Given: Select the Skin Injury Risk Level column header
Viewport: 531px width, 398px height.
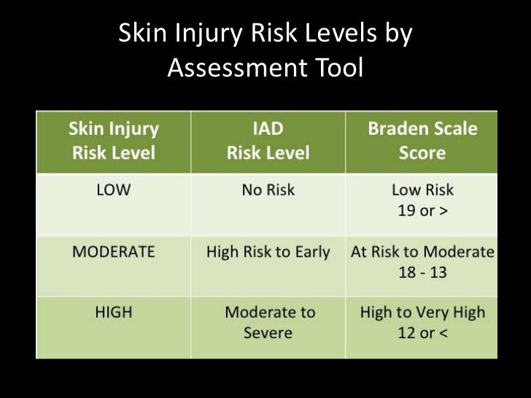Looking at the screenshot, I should [x=113, y=141].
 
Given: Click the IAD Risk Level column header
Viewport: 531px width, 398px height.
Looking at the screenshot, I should [x=268, y=141].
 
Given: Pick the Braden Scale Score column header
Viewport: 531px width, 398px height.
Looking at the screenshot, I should [x=422, y=141].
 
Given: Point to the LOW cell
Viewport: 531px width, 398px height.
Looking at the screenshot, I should [x=113, y=190].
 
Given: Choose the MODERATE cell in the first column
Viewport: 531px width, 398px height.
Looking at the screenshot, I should [x=113, y=252].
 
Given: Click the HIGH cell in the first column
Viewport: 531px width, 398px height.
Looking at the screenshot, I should [x=113, y=313].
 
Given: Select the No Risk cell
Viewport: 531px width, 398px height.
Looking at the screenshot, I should [x=268, y=190].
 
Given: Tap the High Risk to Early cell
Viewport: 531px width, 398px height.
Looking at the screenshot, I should [x=268, y=252].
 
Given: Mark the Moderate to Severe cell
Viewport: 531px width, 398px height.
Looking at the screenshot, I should [x=268, y=322].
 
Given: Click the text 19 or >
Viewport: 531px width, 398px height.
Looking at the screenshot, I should [x=422, y=211].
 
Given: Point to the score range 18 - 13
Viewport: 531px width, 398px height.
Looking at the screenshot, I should [x=422, y=273].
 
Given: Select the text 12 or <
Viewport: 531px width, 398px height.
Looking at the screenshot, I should [x=422, y=334].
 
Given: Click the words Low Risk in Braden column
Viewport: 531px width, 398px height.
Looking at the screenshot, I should [x=422, y=190].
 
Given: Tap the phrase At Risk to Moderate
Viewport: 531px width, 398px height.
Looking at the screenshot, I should [x=422, y=252].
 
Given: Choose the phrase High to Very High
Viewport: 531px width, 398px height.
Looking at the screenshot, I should [x=422, y=313].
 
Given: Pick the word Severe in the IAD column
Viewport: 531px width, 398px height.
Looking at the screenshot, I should [x=268, y=333].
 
